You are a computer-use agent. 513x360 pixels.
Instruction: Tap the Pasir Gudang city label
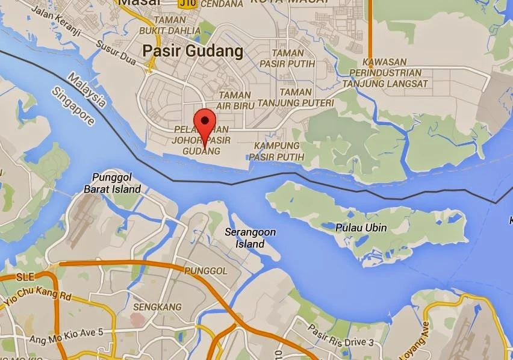click(193, 52)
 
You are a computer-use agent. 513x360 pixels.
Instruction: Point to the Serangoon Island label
click(244, 238)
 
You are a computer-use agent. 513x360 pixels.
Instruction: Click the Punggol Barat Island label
click(116, 183)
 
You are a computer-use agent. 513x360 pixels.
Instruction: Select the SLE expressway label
click(26, 277)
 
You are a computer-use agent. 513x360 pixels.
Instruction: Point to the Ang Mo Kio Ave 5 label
click(66, 332)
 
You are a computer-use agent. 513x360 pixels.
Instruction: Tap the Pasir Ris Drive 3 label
click(341, 337)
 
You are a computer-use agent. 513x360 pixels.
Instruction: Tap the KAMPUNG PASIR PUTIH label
click(276, 151)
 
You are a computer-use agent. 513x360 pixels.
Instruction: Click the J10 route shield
click(186, 3)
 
